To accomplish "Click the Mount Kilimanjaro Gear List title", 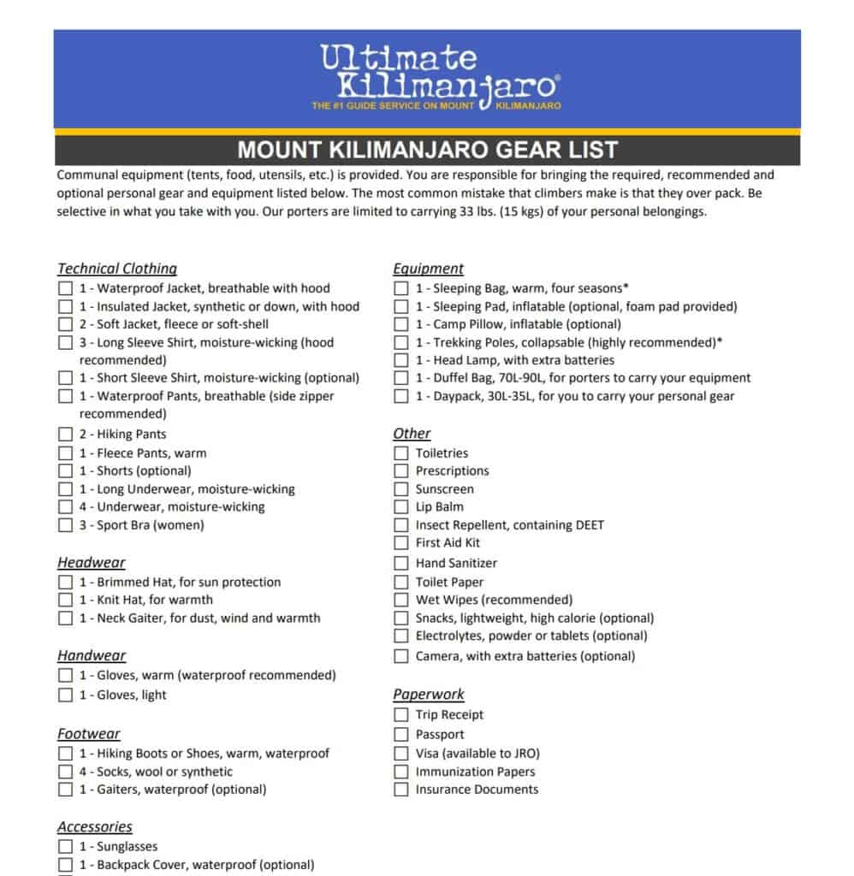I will coord(427,150).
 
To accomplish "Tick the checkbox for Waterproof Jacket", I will coord(66,288).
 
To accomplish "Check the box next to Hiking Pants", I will coord(66,435).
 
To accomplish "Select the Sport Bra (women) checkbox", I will coord(66,525).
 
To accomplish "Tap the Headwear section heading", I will coord(92,563).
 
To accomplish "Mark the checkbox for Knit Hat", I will coord(66,600).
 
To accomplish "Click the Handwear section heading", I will coord(92,656).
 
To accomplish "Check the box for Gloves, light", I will coord(66,695).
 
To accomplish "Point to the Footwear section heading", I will coord(89,734).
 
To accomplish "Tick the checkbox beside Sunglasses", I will coord(66,847).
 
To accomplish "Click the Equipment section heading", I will coord(428,269).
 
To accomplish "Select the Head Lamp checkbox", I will coord(401,360).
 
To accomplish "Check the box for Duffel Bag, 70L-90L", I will coord(401,378).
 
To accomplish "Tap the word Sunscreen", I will coord(444,489).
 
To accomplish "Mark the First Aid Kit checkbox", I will coord(401,542).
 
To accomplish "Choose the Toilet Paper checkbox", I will coord(401,582).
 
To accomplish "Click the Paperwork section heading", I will coord(429,695).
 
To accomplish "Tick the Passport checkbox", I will coord(401,734).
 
